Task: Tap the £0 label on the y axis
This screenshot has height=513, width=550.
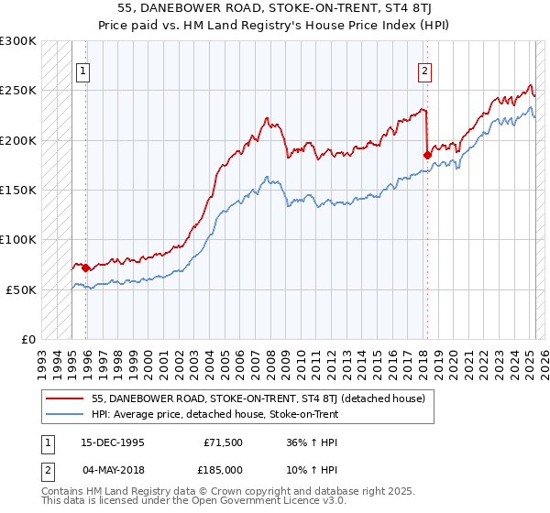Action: (x=27, y=339)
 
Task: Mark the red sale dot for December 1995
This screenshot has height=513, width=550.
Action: (x=86, y=268)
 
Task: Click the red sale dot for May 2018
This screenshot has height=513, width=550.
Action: (x=427, y=155)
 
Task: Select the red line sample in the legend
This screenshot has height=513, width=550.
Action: (x=66, y=399)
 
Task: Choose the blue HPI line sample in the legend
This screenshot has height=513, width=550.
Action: (x=66, y=414)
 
